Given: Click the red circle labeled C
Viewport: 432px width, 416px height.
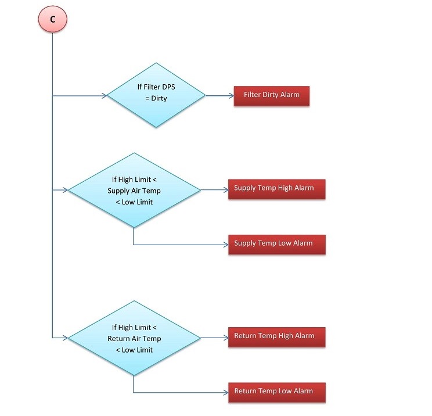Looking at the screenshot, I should click(53, 19).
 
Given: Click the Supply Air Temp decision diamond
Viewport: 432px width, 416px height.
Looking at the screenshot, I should click(134, 190).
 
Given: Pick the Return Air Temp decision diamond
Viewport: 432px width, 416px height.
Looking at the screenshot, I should click(134, 338).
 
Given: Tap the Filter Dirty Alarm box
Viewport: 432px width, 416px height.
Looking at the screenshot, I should click(272, 95).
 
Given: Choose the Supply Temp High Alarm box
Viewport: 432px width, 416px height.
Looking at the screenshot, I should click(276, 189).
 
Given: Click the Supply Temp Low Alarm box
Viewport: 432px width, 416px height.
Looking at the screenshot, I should click(276, 244).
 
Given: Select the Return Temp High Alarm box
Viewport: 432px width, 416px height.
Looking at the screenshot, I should click(276, 336).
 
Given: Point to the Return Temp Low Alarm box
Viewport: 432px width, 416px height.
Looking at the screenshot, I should click(276, 392).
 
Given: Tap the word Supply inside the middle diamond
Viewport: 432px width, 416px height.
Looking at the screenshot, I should click(119, 191).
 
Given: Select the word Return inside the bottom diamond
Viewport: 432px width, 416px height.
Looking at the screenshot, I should click(119, 339).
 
